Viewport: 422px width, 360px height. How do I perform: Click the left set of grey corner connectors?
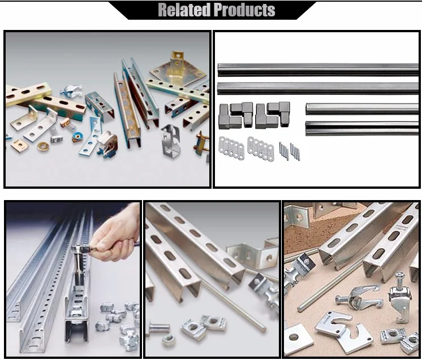tap(236, 115)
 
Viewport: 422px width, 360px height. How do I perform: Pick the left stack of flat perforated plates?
tap(231, 148)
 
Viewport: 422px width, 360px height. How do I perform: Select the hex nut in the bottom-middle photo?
tap(169, 339)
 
